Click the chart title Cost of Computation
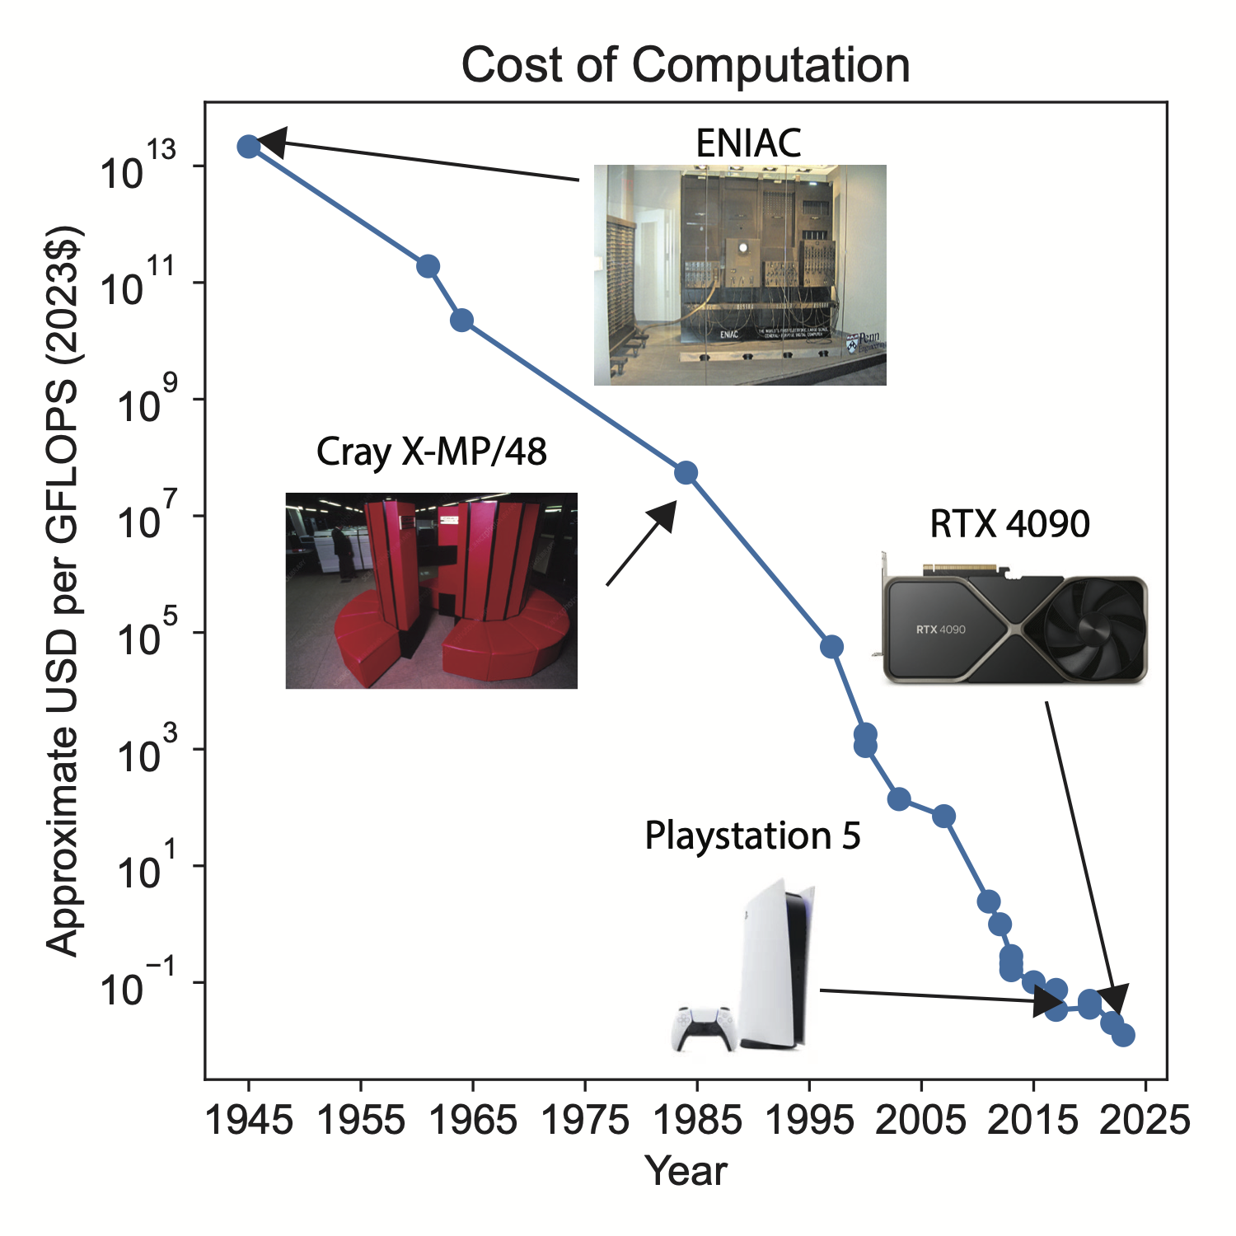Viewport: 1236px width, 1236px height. coord(685,65)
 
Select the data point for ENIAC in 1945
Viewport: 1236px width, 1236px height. coord(248,147)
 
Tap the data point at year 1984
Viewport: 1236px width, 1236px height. coord(686,473)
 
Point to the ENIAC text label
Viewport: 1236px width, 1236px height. coord(748,143)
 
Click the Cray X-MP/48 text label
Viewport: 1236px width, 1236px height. coord(431,452)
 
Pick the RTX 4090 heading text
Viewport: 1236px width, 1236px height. coord(1009,524)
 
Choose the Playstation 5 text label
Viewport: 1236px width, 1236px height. coord(752,836)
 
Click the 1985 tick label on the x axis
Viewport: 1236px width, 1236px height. coord(697,1121)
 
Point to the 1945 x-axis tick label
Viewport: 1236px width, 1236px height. coord(249,1121)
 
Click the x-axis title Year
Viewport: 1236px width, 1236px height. coord(686,1171)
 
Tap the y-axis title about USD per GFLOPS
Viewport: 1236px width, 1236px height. coord(63,590)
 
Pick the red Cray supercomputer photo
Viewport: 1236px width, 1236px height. coord(431,591)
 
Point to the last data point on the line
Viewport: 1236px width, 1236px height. coord(1123,1035)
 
